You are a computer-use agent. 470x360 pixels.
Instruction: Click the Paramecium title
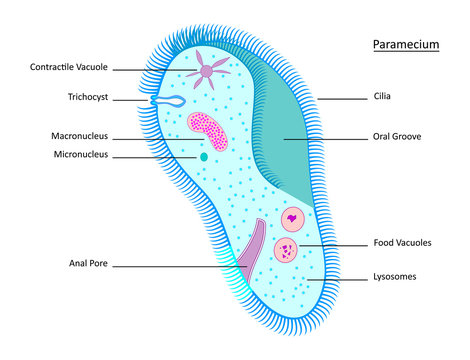tap(405, 45)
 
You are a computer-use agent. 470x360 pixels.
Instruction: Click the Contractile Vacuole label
tap(69, 68)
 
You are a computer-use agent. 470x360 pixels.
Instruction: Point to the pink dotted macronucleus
tap(208, 131)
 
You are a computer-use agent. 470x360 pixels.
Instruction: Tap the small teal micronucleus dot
tap(203, 157)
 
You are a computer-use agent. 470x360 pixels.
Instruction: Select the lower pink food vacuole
tap(286, 249)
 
